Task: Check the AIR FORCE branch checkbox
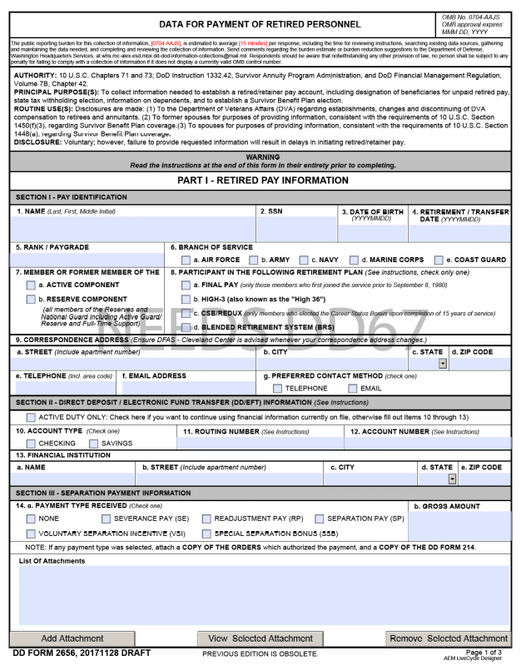pos(186,261)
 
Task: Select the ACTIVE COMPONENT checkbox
pos(31,285)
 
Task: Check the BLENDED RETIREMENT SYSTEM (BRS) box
pos(186,327)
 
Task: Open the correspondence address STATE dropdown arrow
pos(441,365)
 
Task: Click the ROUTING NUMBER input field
pos(259,444)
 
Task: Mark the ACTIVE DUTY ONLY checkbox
pos(31,417)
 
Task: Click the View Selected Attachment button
pos(260,638)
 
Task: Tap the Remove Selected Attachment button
pos(449,638)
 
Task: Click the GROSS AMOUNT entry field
pos(459,525)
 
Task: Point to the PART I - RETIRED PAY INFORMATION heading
pos(262,181)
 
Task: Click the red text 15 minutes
pos(253,42)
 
